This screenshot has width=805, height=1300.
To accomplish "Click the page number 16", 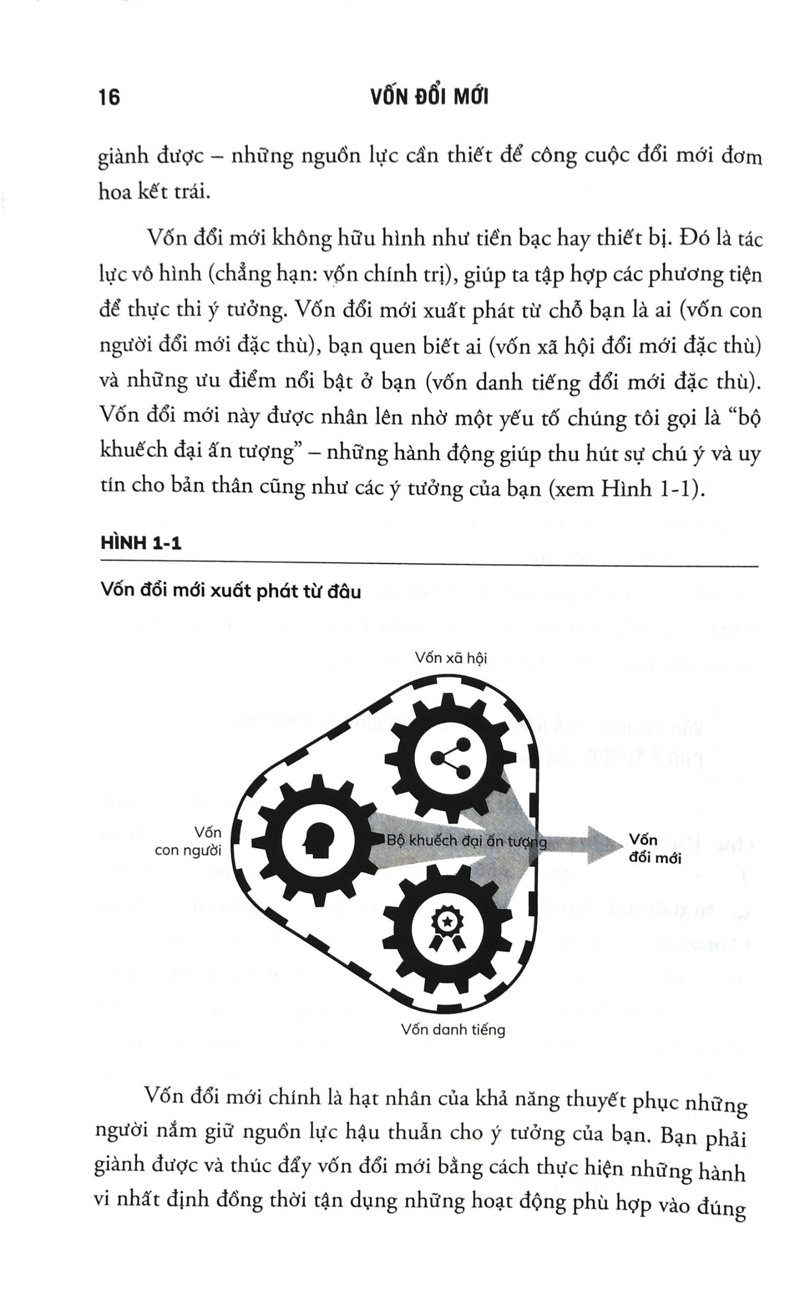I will click(x=110, y=97).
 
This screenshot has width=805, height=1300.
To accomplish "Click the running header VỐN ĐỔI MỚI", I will click(x=429, y=97).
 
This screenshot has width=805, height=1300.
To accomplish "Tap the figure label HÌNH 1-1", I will click(x=141, y=543).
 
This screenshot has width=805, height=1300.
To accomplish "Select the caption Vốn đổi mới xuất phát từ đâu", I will click(x=231, y=592).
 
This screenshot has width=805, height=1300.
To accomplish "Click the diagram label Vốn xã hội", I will click(x=451, y=658).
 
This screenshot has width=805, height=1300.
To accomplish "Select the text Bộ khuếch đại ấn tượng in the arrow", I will click(x=466, y=841).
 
